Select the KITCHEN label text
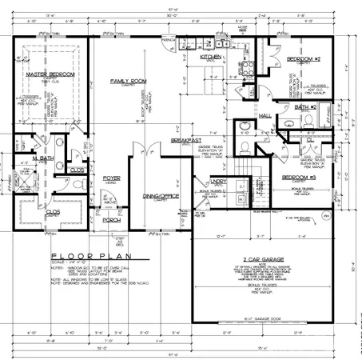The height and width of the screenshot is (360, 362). pos(210,58)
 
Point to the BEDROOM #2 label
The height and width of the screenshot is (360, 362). pos(304,60)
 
